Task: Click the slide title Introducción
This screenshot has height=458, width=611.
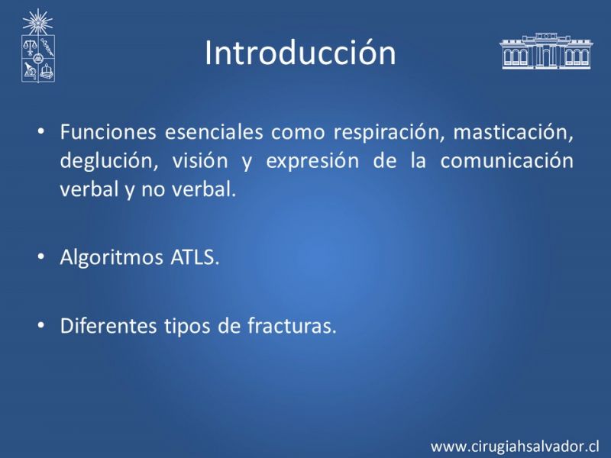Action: click(x=300, y=53)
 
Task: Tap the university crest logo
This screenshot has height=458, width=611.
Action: click(x=37, y=46)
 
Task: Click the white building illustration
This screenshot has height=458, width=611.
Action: click(x=546, y=50)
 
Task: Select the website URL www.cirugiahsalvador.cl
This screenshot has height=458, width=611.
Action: click(x=515, y=447)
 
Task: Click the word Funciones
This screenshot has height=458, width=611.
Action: click(x=108, y=131)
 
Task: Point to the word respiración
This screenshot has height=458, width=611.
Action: click(x=389, y=133)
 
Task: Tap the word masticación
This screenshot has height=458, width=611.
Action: click(x=513, y=132)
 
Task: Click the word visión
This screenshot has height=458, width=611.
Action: click(x=200, y=160)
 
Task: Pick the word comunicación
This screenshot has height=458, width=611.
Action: click(x=507, y=160)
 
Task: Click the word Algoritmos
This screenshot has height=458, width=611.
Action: click(x=112, y=258)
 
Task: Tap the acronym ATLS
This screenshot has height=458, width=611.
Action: click(x=195, y=257)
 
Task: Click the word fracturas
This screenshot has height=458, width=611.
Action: click(x=292, y=326)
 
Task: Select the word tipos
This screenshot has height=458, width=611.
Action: click(x=187, y=327)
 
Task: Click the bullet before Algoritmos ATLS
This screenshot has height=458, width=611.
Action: click(x=41, y=257)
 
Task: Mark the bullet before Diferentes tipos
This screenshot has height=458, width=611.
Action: click(x=41, y=326)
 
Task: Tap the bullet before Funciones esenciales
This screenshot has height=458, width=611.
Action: click(x=41, y=131)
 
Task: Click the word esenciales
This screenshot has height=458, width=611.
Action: click(x=214, y=131)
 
